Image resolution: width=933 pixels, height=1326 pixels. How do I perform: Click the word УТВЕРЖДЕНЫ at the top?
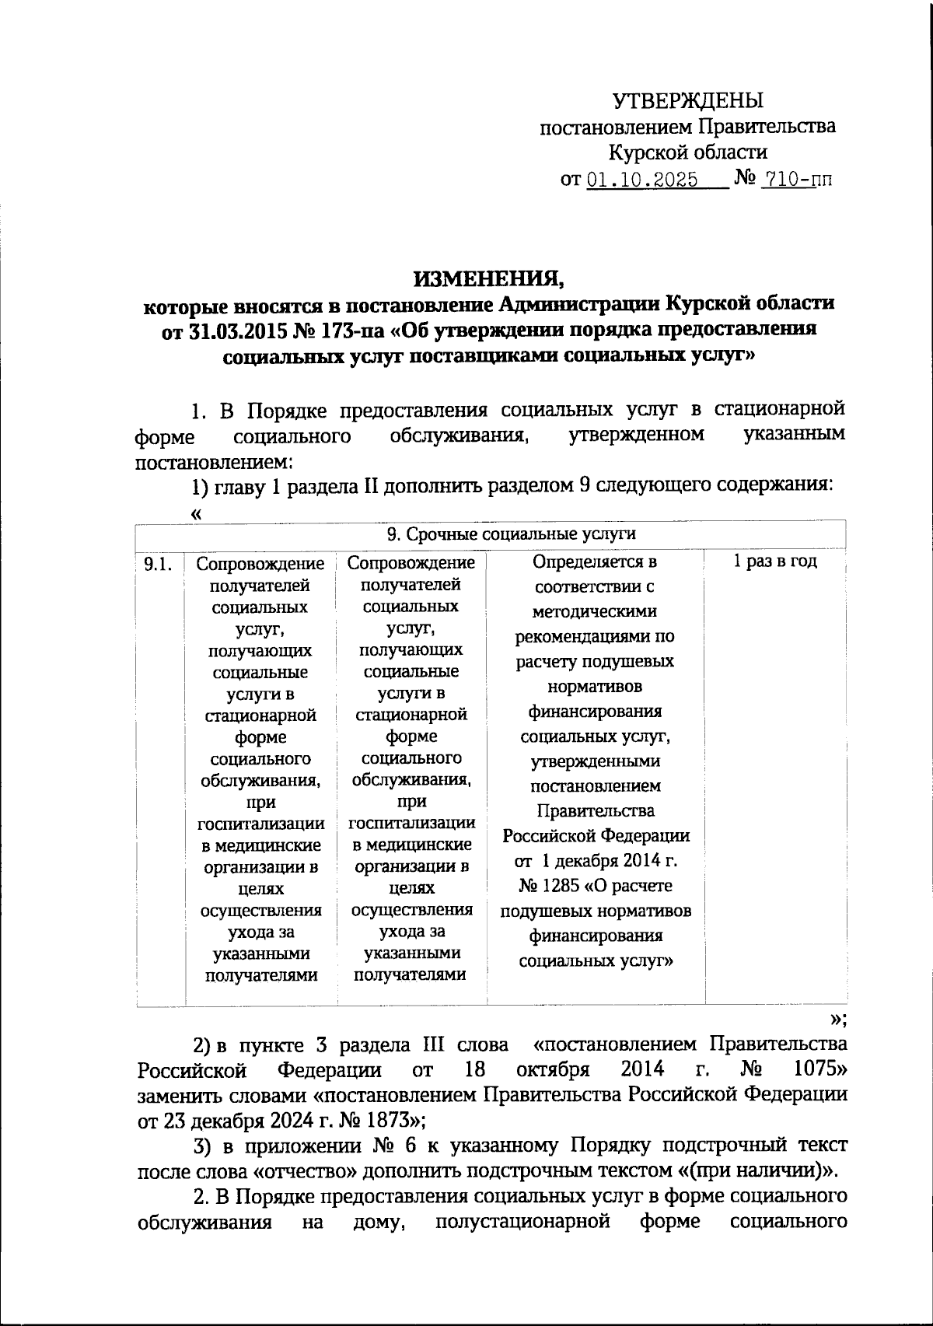coord(688,100)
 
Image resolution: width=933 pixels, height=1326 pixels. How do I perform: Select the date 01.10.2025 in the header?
coord(641,180)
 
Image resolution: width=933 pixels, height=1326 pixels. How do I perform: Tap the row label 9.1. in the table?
coord(159,564)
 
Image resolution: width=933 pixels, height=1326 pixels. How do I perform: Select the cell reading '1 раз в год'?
coord(775,562)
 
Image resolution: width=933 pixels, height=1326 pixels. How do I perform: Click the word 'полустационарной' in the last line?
coord(522,1222)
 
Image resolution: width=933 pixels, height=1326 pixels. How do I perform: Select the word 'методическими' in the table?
coord(596,611)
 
